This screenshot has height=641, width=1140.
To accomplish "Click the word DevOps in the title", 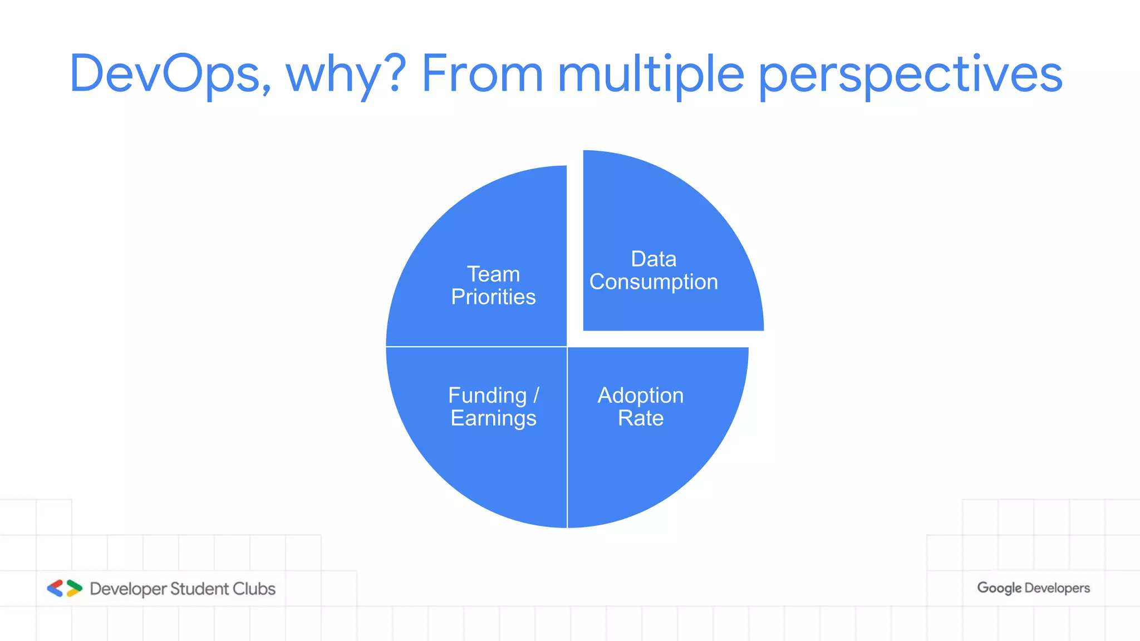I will (x=170, y=73).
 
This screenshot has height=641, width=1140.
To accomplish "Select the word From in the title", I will (x=482, y=73).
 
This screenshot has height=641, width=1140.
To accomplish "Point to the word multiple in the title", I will (x=651, y=73).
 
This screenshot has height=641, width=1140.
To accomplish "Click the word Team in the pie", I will (x=493, y=274).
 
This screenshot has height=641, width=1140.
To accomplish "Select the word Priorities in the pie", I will (x=493, y=297).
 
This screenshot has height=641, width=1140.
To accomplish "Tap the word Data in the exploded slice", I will (x=653, y=259).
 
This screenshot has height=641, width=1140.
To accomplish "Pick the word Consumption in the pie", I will (x=653, y=282).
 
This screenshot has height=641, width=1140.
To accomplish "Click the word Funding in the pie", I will (x=487, y=396).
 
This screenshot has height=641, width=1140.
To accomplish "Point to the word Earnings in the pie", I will (x=493, y=418).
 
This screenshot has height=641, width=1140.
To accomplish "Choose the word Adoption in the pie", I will (x=640, y=396).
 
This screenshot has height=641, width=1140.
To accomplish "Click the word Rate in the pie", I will (x=640, y=418).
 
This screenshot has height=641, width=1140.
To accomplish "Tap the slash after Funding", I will (x=536, y=396).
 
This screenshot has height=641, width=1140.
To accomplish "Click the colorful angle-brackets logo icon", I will (x=65, y=588).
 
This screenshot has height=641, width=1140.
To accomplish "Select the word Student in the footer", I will (x=199, y=589).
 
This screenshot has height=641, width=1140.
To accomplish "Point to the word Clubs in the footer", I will (x=254, y=589).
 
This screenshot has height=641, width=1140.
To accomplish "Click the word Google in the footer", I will (x=999, y=588).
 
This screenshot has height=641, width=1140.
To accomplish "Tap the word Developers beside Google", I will (x=1057, y=588).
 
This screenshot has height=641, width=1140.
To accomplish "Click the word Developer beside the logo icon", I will (x=128, y=589).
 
